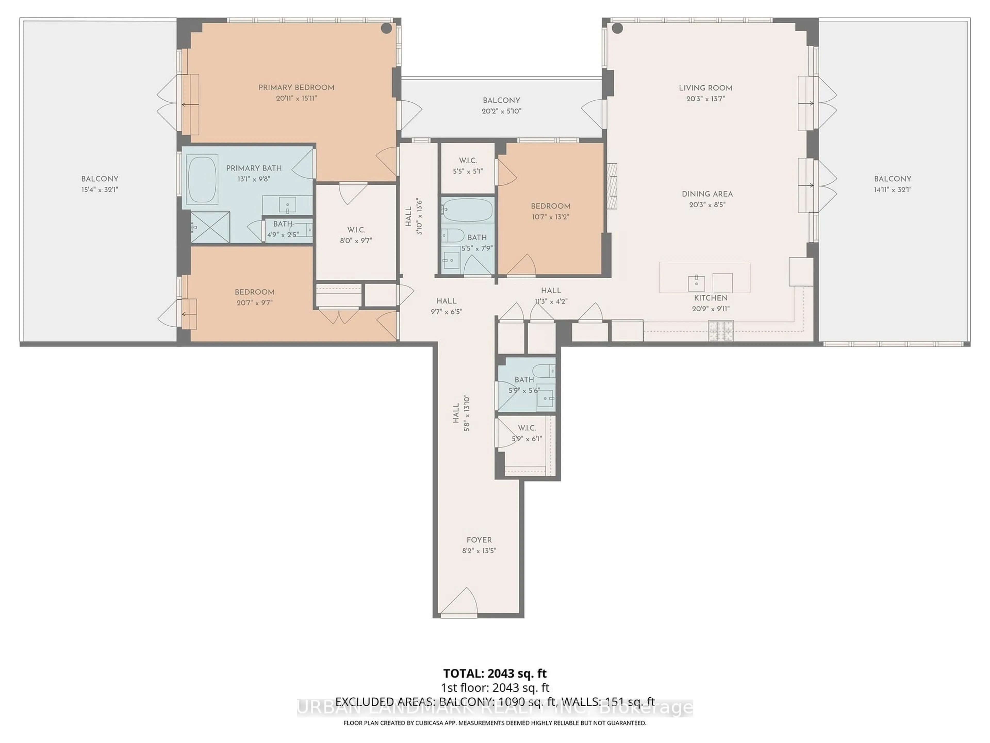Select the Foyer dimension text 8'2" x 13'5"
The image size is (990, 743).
click(479, 551)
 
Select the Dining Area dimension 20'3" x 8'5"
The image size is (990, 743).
click(707, 205)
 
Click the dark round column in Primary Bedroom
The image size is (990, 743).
click(386, 28)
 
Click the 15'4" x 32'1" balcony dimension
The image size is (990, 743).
click(99, 189)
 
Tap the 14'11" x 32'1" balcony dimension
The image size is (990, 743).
click(893, 189)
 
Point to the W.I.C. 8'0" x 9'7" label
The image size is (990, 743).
click(356, 230)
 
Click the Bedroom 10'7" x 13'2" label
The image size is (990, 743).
click(550, 206)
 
